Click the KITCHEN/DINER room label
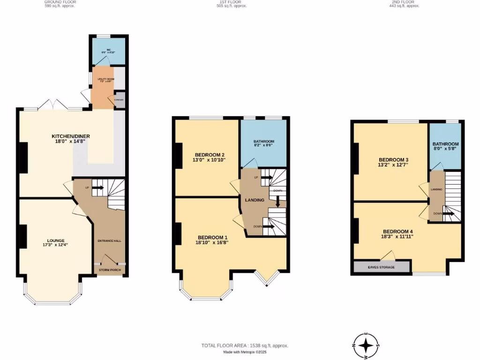[x=71, y=136]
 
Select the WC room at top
[x=108, y=52]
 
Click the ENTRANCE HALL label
[x=109, y=240]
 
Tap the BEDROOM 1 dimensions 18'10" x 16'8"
[x=213, y=243]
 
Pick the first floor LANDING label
[x=255, y=200]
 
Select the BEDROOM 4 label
[x=398, y=232]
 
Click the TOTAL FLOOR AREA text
[x=245, y=345]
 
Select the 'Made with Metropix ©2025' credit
[x=244, y=352]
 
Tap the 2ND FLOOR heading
[x=406, y=2]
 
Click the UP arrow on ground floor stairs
[x=98, y=187]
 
